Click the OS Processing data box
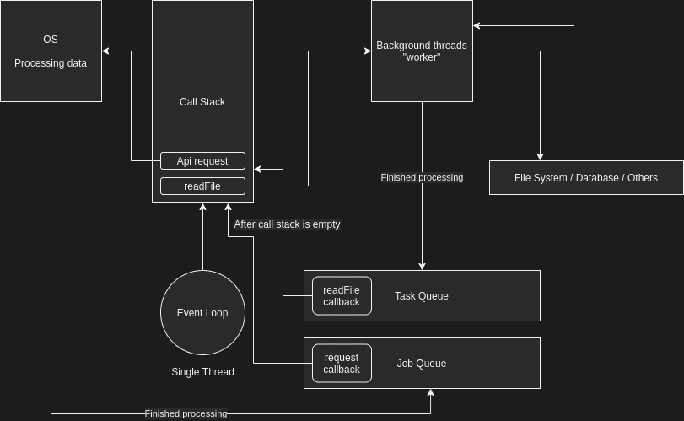(x=51, y=51)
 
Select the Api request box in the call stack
(x=202, y=160)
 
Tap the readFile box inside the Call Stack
(x=202, y=186)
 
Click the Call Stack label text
(x=202, y=102)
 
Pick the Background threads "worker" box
(x=422, y=51)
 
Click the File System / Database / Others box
(x=586, y=178)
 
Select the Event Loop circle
(x=202, y=312)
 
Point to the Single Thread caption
(x=202, y=372)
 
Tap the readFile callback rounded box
(x=342, y=295)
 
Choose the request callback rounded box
(x=342, y=363)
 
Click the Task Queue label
(x=422, y=296)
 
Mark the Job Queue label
(x=422, y=364)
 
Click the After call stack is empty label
(x=287, y=224)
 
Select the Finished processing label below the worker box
(x=422, y=177)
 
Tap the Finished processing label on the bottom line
(x=186, y=413)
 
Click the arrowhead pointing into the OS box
(x=105, y=51)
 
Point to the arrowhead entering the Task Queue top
(x=422, y=267)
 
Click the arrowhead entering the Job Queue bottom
(x=430, y=392)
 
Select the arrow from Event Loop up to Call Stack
(x=202, y=236)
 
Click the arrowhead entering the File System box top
(x=540, y=157)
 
